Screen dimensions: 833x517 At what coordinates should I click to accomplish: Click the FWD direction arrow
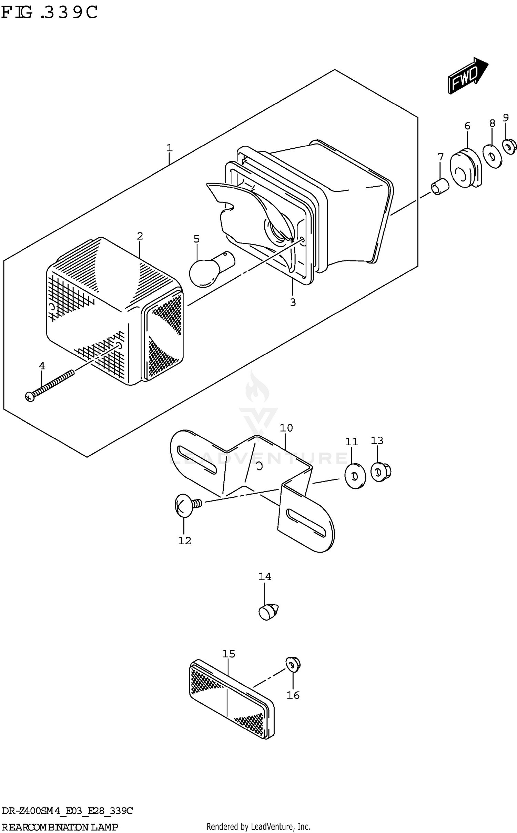pyautogui.click(x=467, y=76)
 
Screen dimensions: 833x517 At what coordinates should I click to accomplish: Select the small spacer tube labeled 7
pyautogui.click(x=440, y=187)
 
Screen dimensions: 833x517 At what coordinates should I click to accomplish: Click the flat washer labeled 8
pyautogui.click(x=492, y=156)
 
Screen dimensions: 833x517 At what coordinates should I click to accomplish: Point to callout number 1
pyautogui.click(x=169, y=148)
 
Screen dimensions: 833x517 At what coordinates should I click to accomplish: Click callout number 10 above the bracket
pyautogui.click(x=286, y=428)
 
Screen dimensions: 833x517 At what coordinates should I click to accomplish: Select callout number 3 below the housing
pyautogui.click(x=293, y=302)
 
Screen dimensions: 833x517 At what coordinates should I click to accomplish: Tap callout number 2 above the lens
pyautogui.click(x=140, y=236)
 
